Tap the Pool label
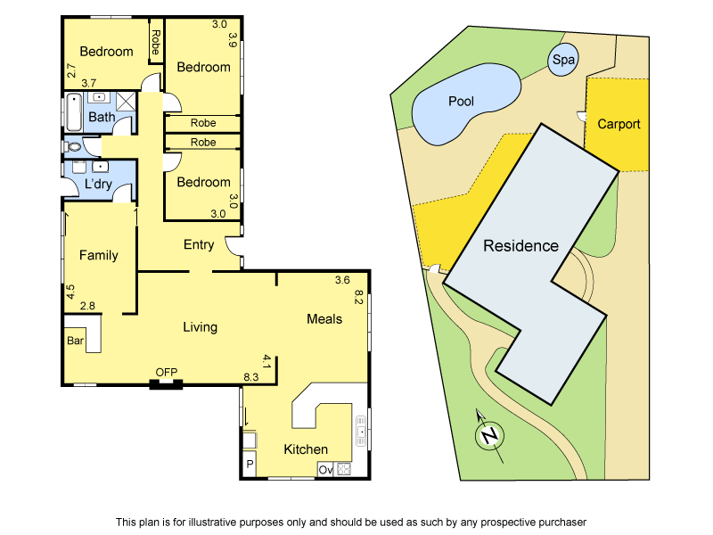coord(461,102)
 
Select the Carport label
coord(619,124)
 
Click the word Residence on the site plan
coord(520,246)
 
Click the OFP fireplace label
coord(167,373)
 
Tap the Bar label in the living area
coord(75,341)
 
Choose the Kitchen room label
coord(306,449)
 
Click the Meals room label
coord(324,318)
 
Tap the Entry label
coord(199,245)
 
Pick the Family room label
coord(98,255)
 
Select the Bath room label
coord(102,117)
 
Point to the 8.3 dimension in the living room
coord(251,378)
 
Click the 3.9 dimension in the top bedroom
coord(233,39)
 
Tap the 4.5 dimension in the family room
coord(70,292)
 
